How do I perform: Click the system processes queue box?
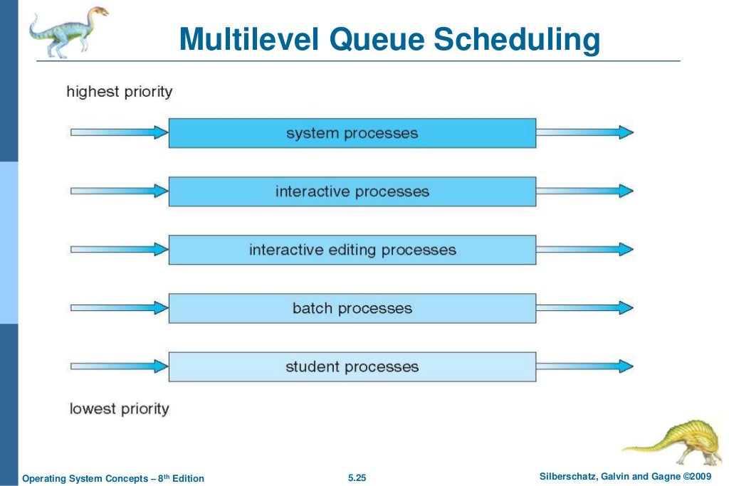[352, 133]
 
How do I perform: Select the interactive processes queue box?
[352, 191]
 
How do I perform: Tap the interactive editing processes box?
[352, 250]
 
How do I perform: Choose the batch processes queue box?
[352, 308]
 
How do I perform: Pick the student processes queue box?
[352, 366]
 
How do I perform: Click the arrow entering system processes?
[119, 132]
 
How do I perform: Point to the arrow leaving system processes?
[584, 132]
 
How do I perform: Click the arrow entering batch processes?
[119, 307]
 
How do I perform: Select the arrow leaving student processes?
[584, 366]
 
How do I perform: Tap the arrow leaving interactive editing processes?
[584, 249]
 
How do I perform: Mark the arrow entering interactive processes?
[119, 191]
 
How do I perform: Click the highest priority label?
[119, 92]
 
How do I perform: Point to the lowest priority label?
[119, 409]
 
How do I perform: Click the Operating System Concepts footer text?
[113, 478]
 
